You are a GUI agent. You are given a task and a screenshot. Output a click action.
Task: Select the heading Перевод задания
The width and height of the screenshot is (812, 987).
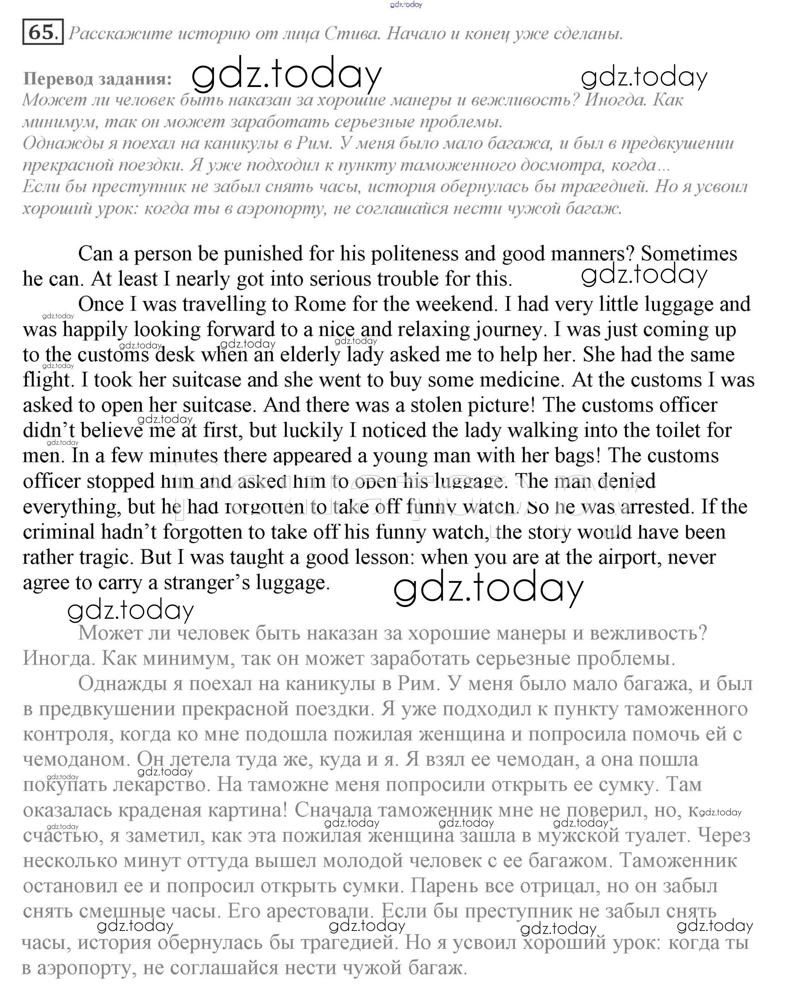[x=97, y=79]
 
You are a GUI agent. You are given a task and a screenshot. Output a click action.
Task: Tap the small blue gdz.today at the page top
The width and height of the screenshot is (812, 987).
[x=406, y=5]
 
